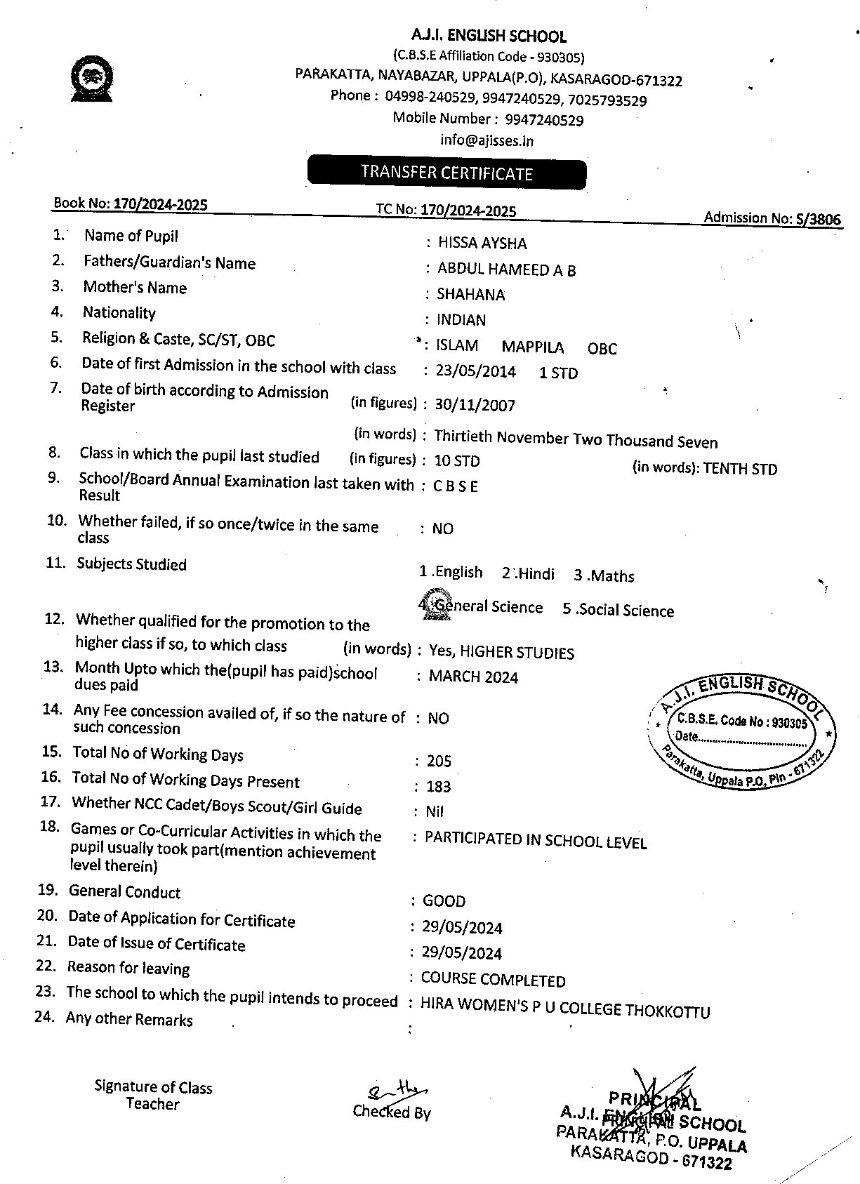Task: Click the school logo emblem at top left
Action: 92,78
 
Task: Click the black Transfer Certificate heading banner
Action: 446,173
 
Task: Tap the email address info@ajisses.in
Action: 487,140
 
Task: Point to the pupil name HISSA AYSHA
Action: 482,244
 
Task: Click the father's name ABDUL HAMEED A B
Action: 506,270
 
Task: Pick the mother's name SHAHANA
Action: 470,295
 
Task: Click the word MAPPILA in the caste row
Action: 532,347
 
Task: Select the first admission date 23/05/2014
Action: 475,372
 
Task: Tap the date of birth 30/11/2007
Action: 475,406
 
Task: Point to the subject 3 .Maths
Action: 604,576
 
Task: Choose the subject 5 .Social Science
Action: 618,611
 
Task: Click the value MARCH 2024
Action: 473,677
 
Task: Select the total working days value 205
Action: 439,761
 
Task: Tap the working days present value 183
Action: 438,787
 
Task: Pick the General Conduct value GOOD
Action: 444,901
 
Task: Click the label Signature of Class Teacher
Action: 153,1096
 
